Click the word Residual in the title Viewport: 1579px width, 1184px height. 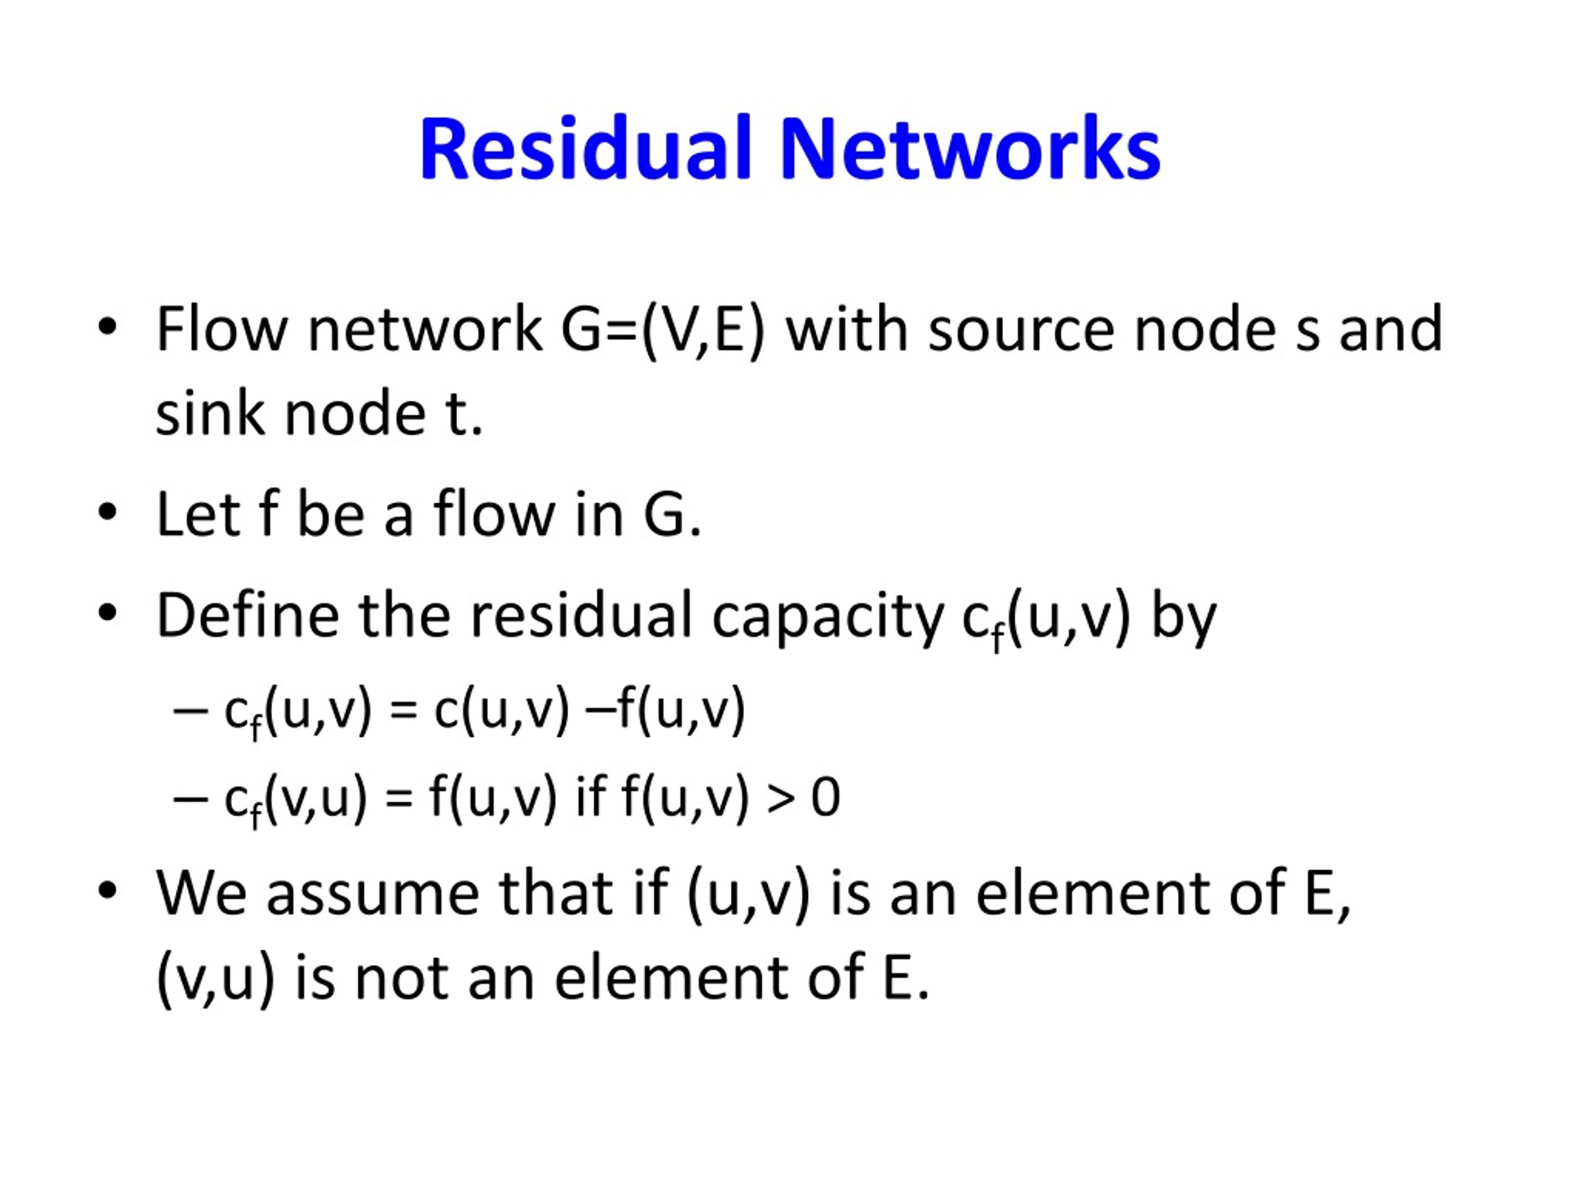[x=586, y=149]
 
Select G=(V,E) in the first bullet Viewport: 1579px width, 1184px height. [x=662, y=331]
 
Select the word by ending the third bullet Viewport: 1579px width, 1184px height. [x=1184, y=618]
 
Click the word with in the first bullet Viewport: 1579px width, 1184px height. [x=847, y=329]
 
